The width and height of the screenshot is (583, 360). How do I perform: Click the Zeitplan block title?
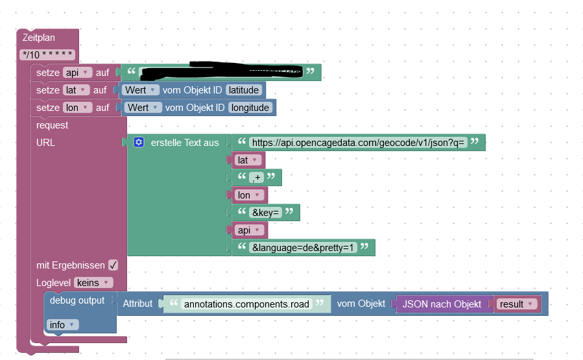39,38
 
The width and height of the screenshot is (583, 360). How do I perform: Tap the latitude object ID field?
244,90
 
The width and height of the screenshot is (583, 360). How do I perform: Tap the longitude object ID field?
250,108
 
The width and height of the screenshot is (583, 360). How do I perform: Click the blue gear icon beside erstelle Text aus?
138,142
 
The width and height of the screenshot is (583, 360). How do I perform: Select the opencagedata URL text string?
359,142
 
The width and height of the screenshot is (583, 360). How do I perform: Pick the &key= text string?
266,212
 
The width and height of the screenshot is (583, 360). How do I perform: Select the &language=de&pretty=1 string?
303,247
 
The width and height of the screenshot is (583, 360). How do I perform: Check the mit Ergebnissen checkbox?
113,265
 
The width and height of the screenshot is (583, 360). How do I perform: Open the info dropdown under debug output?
63,324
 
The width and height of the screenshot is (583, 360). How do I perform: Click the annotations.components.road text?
246,304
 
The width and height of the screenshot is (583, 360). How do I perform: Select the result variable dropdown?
516,304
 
